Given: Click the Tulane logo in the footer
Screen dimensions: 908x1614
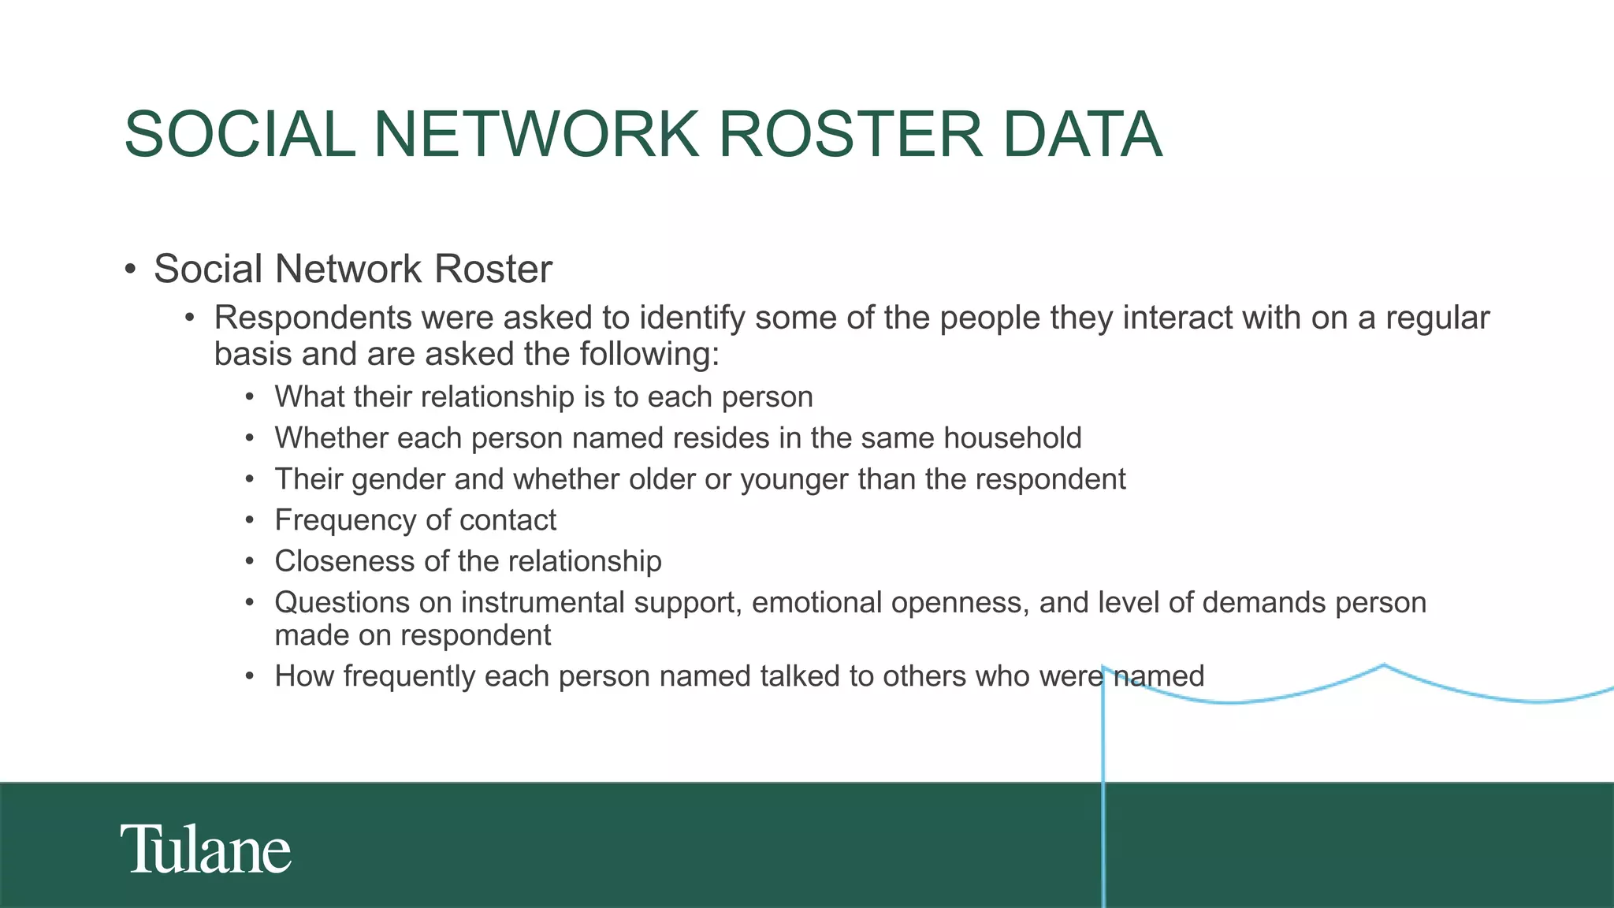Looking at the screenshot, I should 206,849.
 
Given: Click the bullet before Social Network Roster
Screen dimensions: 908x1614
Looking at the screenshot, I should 131,270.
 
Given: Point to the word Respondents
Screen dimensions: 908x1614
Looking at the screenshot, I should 313,318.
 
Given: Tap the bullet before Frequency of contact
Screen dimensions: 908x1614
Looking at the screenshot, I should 250,521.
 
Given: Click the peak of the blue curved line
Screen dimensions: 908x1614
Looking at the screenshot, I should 1384,666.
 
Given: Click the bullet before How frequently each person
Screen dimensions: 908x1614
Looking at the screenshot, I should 250,677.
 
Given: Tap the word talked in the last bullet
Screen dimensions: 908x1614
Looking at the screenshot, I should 800,677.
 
